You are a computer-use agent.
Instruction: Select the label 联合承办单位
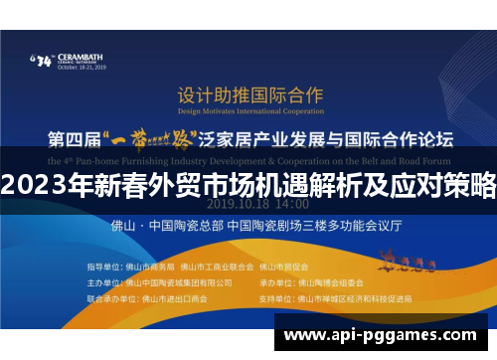107,296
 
